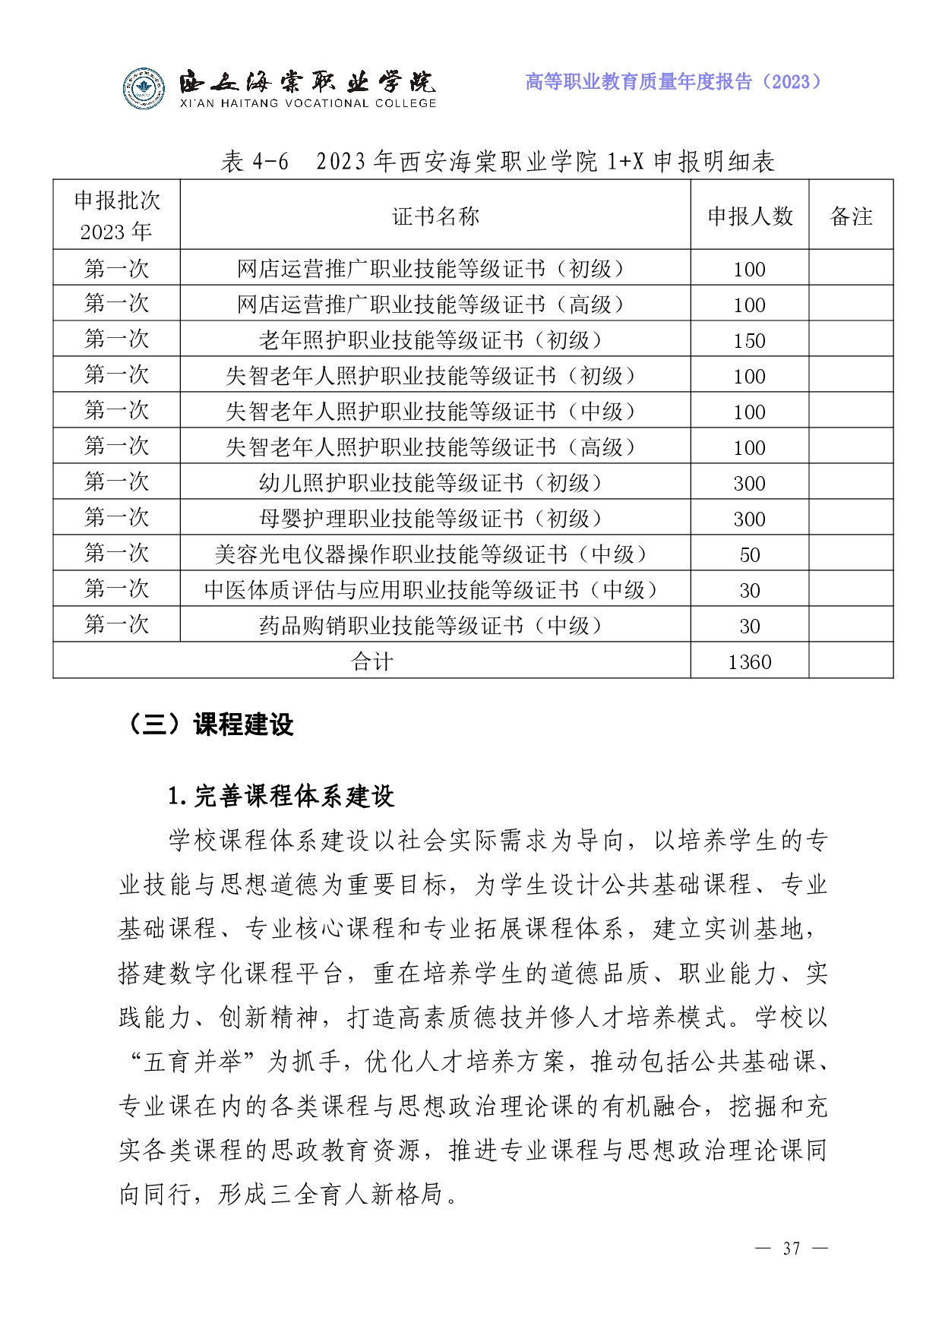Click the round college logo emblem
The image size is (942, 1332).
(144, 89)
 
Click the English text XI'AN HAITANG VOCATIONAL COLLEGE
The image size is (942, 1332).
(308, 103)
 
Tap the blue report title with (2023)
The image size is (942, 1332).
(673, 81)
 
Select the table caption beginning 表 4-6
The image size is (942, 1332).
(498, 161)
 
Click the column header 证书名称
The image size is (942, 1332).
(435, 216)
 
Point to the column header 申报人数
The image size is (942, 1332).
(750, 216)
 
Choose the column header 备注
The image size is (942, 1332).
(851, 216)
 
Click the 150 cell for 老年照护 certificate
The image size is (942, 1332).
(750, 340)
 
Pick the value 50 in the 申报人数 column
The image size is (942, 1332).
(750, 554)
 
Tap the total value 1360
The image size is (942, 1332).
(750, 662)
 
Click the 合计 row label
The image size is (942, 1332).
(372, 662)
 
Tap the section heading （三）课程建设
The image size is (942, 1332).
(208, 724)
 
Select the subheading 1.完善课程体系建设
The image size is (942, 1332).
(281, 796)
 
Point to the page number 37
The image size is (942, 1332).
(792, 1248)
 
